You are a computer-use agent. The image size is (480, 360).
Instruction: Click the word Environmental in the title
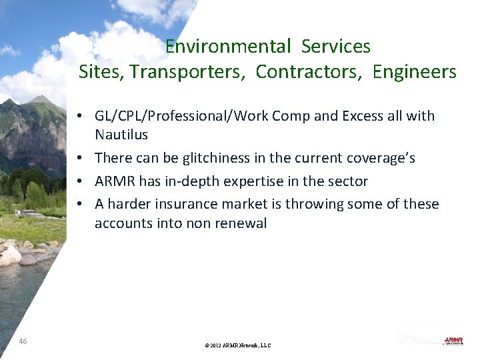(x=228, y=47)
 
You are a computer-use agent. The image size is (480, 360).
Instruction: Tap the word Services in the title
(x=335, y=47)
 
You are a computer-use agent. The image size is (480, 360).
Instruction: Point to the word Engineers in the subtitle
(x=415, y=72)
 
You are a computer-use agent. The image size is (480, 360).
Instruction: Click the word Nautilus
(x=121, y=135)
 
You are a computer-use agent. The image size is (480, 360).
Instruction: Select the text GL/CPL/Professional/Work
(x=177, y=117)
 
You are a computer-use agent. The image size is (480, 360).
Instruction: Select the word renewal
(x=239, y=223)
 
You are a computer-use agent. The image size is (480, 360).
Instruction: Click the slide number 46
(x=23, y=341)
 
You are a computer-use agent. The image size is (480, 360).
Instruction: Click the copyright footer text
(x=239, y=345)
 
